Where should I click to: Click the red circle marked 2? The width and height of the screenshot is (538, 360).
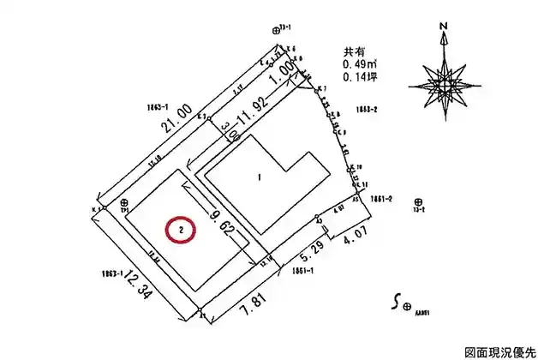coord(182,230)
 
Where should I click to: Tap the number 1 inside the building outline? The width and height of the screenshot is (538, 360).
coord(258,178)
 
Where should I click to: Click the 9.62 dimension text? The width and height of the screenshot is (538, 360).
coord(218,218)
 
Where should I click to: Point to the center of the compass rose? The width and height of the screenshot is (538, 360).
coord(444,82)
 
